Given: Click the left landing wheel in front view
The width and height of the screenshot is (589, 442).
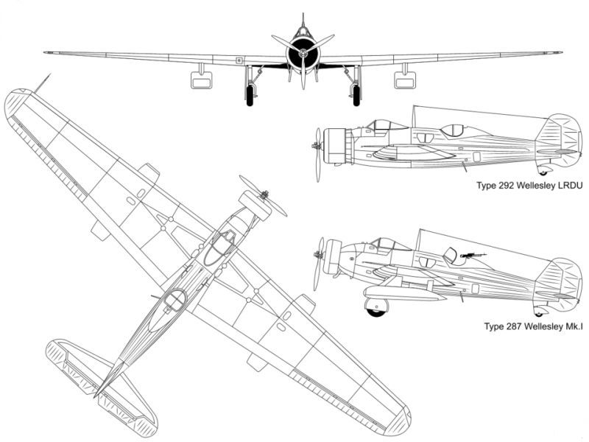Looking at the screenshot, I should [250, 95].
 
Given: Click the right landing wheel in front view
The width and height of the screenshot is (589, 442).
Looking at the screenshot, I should [356, 95].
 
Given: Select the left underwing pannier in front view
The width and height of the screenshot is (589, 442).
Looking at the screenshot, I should [201, 80].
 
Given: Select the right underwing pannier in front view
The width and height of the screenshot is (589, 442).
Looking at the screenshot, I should [405, 80].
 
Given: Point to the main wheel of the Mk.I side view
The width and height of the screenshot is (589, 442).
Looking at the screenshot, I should [376, 306].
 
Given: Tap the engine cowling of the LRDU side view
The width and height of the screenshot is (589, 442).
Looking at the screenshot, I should [335, 146].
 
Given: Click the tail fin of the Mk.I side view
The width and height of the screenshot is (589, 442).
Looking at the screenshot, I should [559, 281].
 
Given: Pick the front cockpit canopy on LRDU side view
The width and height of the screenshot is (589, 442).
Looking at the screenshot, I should [381, 126].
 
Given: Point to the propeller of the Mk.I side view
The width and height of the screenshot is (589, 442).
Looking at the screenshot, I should [320, 263].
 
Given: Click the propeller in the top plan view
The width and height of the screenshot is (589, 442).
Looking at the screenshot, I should [262, 196].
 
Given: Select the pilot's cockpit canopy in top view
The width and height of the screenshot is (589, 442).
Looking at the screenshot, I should [219, 248].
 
